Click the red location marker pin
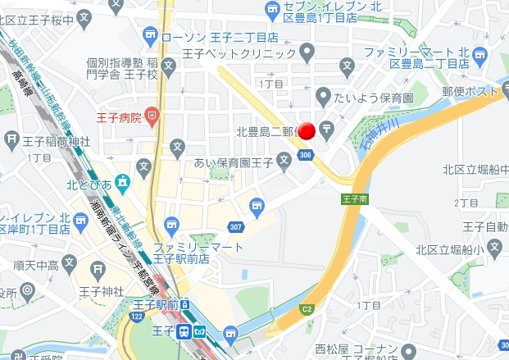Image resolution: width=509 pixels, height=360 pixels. tap(307, 131)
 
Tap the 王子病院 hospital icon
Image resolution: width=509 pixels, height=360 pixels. tap(152, 116)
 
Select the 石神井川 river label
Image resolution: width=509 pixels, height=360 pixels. tap(378, 135)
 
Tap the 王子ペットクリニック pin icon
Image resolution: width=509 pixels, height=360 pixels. tap(307, 53)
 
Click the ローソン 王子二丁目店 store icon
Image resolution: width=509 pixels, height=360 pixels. tap(150, 36)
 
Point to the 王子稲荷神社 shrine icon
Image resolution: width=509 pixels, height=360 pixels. tap(12, 139)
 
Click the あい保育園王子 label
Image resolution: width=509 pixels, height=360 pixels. tap(233, 162)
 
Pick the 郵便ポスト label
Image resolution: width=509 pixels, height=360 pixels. tap(470, 92)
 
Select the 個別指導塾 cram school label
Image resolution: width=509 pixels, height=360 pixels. tap(115, 62)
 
